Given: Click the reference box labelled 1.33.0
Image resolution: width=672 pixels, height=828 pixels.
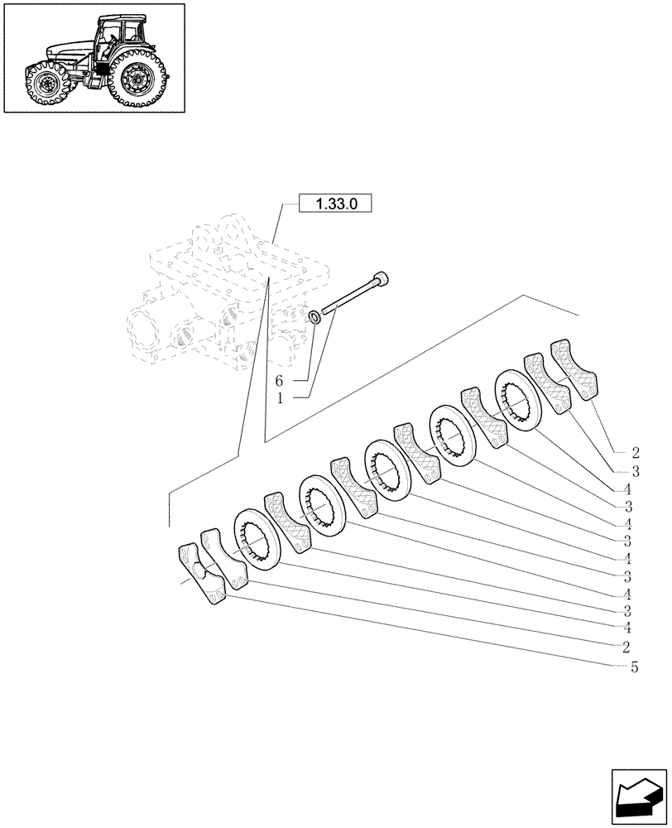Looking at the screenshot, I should tap(335, 204).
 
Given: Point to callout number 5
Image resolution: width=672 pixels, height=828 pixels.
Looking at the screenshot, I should tap(634, 667).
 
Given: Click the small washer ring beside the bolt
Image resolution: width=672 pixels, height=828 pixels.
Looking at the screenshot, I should tap(315, 318).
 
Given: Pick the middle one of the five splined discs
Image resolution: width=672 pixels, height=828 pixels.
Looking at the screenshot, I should tap(389, 469).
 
